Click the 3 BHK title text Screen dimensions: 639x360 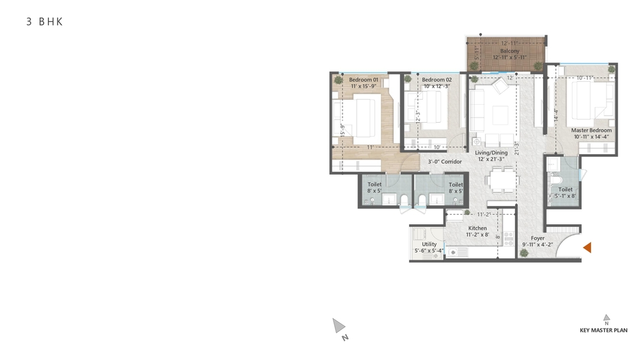(45, 22)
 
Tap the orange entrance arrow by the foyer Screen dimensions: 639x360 (587, 247)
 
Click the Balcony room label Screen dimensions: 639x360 (509, 51)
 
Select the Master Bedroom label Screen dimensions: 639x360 (591, 130)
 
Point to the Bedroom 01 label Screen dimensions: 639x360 (364, 80)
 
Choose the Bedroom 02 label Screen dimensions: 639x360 (436, 80)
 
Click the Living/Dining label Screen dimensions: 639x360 (491, 153)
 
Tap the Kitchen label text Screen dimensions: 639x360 (477, 228)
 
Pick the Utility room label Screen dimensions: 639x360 (429, 244)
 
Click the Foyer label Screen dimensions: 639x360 (537, 238)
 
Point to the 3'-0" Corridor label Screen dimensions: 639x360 (445, 161)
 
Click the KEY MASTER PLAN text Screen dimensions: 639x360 (604, 330)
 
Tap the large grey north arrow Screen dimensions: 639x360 (338, 325)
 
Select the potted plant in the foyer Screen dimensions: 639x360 (524, 253)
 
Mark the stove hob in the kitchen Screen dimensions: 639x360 (509, 239)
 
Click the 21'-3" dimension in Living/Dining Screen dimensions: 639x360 (516, 148)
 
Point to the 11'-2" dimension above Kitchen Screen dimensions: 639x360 (483, 214)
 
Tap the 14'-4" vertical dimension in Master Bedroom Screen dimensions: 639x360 (556, 115)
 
